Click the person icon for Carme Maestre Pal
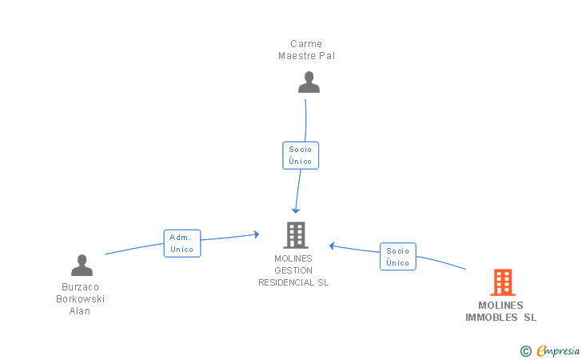[x=309, y=82]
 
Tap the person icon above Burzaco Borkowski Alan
[x=82, y=265]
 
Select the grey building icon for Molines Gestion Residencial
[x=296, y=235]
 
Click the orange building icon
[x=503, y=282]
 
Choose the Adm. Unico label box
[x=182, y=243]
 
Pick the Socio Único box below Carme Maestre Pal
[x=301, y=155]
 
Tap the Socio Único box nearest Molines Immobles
[x=398, y=256]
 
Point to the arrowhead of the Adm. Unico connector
[x=257, y=234]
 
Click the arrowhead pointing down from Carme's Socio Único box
[x=296, y=211]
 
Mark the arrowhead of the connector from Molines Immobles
[x=332, y=246]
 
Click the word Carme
[x=306, y=44]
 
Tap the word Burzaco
[x=80, y=287]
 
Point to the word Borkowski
[x=80, y=299]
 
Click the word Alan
[x=80, y=311]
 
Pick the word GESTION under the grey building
[x=293, y=270]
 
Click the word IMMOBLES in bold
[x=492, y=318]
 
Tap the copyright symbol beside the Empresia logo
[x=526, y=351]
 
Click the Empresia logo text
[x=558, y=350]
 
